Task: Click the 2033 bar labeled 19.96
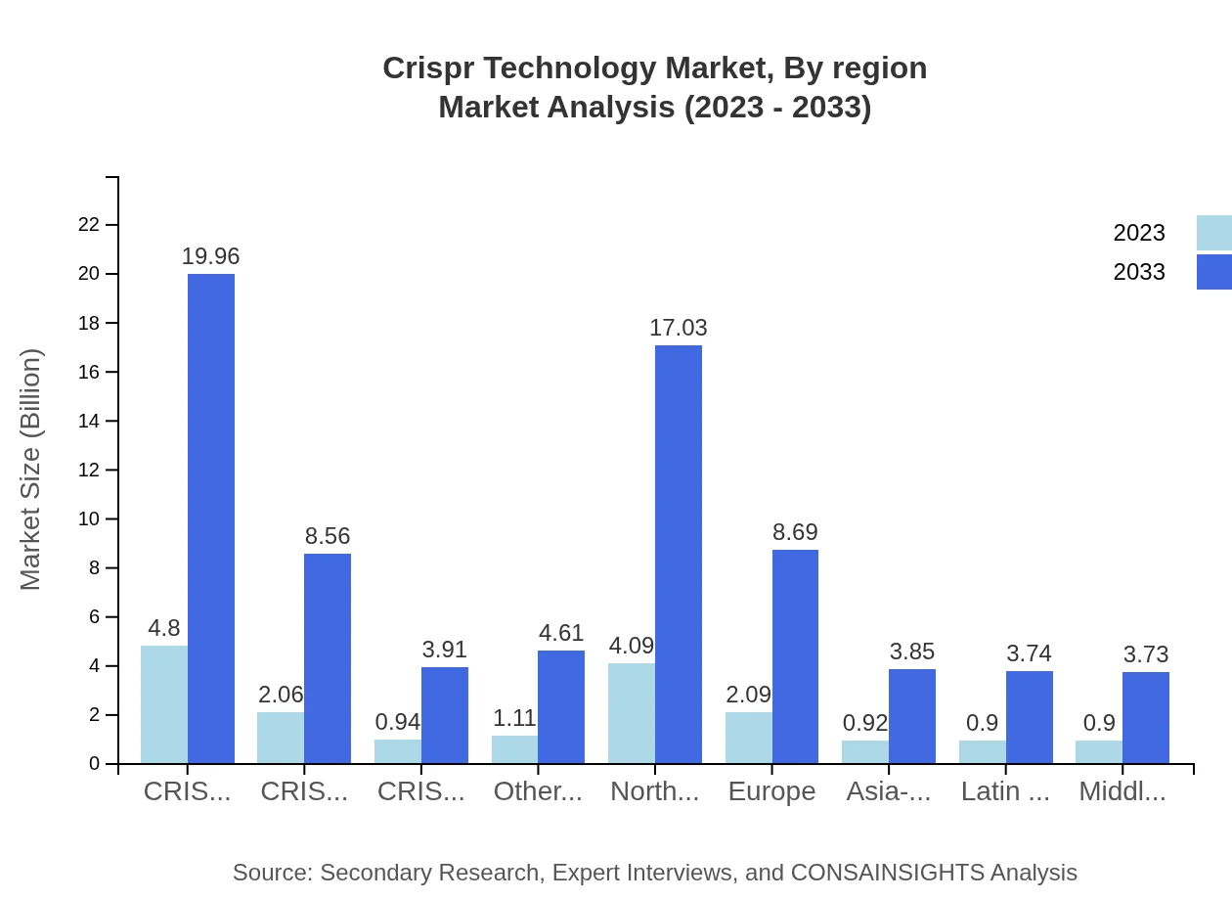(211, 518)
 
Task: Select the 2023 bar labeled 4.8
(164, 704)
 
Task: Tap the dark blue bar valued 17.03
(679, 554)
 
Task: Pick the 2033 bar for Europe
(795, 656)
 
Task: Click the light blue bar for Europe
(749, 738)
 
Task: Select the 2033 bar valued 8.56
(328, 658)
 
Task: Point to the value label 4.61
(561, 633)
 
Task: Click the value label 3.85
(911, 652)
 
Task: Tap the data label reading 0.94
(398, 722)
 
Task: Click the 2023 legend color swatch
(1214, 233)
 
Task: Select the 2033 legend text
(1139, 272)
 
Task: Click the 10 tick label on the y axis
(89, 518)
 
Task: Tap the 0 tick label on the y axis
(95, 763)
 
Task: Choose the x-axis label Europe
(771, 791)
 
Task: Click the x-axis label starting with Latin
(1005, 791)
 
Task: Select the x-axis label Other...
(538, 791)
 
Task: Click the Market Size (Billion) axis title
(31, 470)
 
